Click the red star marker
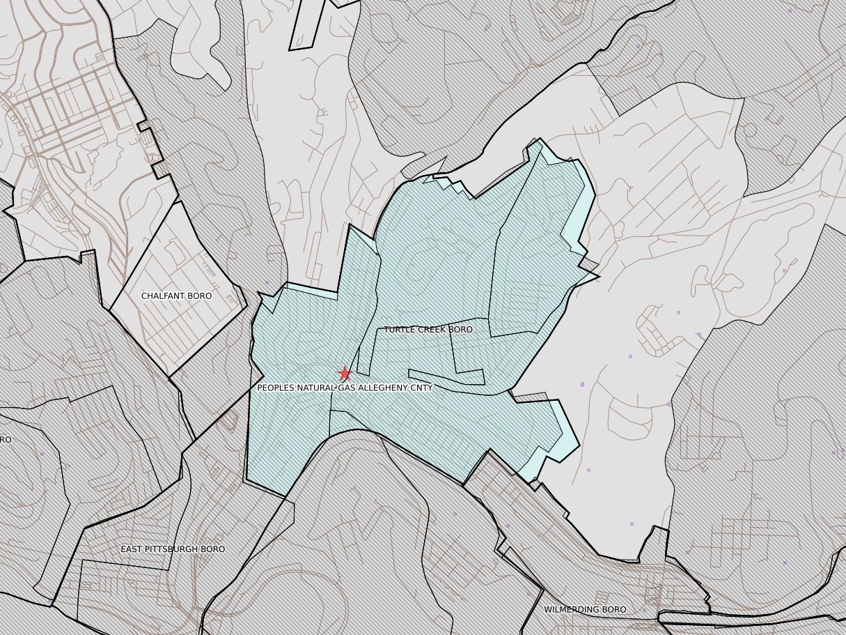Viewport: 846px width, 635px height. coord(344,374)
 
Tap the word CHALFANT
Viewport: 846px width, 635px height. coord(163,296)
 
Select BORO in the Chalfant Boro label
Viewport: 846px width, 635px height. coord(200,296)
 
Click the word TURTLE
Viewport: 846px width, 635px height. coord(400,330)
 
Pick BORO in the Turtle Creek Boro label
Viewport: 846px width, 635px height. coord(460,330)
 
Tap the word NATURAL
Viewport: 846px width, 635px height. coord(318,388)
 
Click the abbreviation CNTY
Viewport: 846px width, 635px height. coord(421,388)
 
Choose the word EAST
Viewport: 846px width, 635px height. coord(132,549)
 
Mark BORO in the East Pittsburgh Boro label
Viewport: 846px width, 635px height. coord(213,549)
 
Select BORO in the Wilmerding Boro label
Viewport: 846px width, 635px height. coord(615,610)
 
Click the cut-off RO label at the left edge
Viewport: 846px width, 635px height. coord(5,440)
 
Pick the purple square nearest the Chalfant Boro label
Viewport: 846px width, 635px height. coord(267,282)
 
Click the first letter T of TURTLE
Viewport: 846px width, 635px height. coord(386,330)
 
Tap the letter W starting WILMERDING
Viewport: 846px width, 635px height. coord(547,610)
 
